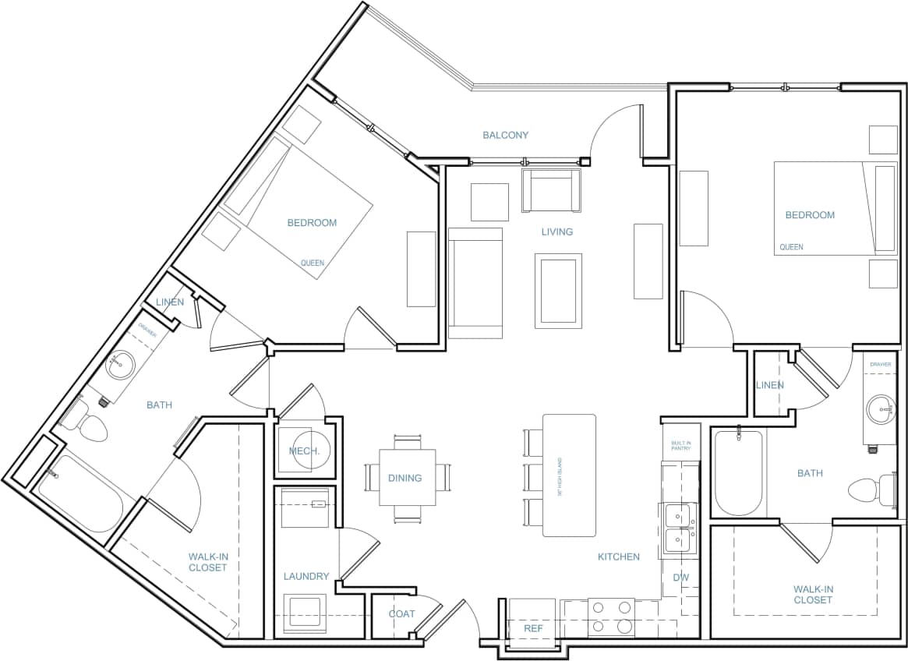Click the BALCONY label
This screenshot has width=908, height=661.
tap(505, 135)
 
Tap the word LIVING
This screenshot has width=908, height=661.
tap(556, 232)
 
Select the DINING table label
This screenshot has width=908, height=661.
tap(405, 478)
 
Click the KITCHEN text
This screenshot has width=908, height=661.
tap(618, 557)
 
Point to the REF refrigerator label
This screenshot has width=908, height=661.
tap(532, 627)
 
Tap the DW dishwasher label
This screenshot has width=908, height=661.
tap(680, 578)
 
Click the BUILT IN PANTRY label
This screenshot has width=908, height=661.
tap(681, 446)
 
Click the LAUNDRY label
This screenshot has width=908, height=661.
tap(306, 576)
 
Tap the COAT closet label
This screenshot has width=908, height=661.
tap(401, 613)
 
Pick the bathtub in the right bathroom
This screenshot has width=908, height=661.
tap(737, 472)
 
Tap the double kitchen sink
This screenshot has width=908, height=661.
tap(679, 528)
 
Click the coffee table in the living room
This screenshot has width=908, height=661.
tap(558, 291)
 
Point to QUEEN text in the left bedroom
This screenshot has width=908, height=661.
tap(313, 263)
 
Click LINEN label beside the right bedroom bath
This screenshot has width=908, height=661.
tap(769, 385)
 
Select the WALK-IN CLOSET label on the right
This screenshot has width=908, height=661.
tap(813, 594)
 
